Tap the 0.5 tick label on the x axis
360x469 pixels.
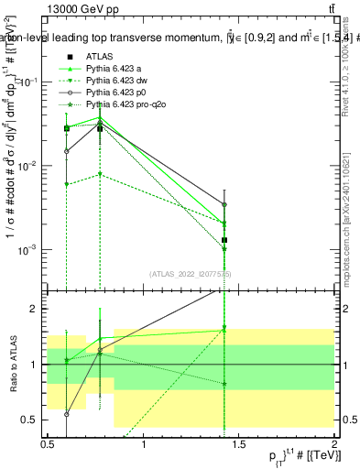coord(48,442)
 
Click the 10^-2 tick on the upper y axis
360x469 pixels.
coord(28,166)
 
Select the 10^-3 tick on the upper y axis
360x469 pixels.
coord(28,250)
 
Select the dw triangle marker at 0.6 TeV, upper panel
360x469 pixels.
coord(67,184)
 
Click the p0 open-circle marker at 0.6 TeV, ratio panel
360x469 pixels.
coord(67,414)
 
